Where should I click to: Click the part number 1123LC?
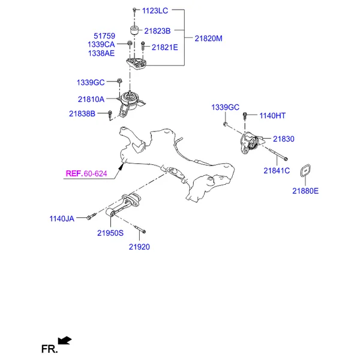pyautogui.click(x=155, y=11)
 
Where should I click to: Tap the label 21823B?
pyautogui.click(x=157, y=31)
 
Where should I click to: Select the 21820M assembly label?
pyautogui.click(x=208, y=38)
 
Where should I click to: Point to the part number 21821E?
pyautogui.click(x=164, y=47)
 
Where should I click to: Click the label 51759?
pyautogui.click(x=104, y=36)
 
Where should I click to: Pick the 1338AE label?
pyautogui.click(x=101, y=53)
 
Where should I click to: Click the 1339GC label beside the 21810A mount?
pyautogui.click(x=91, y=82)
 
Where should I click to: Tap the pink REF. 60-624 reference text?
pyautogui.click(x=86, y=173)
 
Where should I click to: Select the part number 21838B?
pyautogui.click(x=82, y=113)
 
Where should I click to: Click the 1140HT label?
pyautogui.click(x=272, y=116)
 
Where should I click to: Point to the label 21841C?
pyautogui.click(x=277, y=170)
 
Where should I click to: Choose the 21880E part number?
pyautogui.click(x=305, y=191)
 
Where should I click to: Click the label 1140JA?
pyautogui.click(x=62, y=218)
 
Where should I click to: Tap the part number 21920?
pyautogui.click(x=139, y=247)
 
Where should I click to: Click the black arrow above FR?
pyautogui.click(x=65, y=340)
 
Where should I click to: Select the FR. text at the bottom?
pyautogui.click(x=50, y=349)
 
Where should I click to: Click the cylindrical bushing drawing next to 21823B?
pyautogui.click(x=134, y=31)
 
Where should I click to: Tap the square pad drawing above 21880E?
pyautogui.click(x=305, y=170)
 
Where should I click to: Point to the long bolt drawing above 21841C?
pyautogui.click(x=278, y=154)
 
